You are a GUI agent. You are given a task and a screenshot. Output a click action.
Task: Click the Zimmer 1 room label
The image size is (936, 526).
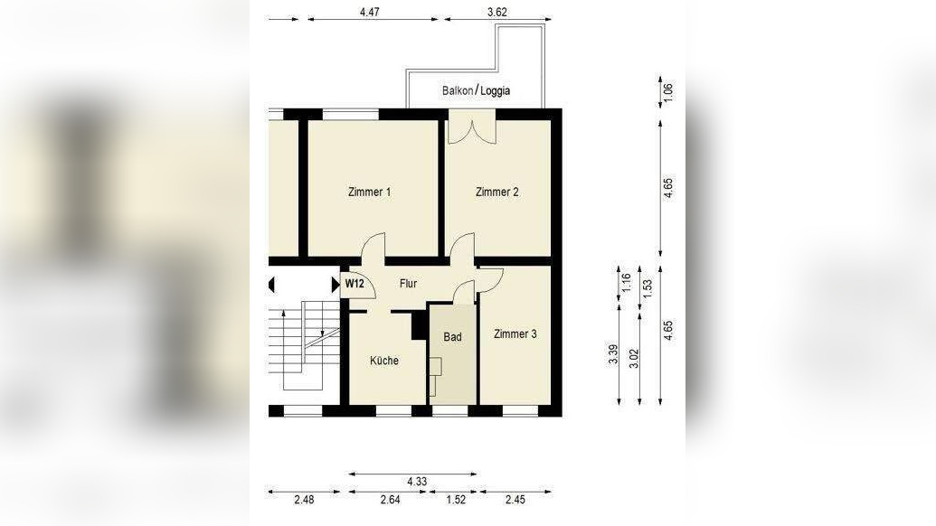(369, 192)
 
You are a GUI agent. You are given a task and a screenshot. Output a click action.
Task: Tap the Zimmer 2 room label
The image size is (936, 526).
(496, 192)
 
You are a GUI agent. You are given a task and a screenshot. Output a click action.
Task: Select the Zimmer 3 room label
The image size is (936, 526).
(515, 334)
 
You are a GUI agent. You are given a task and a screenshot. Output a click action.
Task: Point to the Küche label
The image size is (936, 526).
(383, 361)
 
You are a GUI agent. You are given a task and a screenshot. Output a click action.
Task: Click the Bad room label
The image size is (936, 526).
(452, 337)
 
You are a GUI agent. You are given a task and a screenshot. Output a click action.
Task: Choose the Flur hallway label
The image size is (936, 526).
(408, 284)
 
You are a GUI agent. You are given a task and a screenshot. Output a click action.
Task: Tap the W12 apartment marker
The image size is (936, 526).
(355, 283)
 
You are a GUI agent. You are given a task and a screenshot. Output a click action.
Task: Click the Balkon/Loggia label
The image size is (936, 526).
(476, 90)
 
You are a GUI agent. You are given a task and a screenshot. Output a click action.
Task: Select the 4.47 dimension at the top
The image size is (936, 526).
(370, 12)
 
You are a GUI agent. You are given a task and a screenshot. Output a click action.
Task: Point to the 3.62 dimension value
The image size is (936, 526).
(497, 12)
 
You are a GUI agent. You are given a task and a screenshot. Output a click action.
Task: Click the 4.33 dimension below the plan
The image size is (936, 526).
(417, 482)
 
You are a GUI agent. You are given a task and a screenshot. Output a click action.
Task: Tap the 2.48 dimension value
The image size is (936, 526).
(304, 500)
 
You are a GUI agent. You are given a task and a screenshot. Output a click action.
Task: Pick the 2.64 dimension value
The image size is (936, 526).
(390, 500)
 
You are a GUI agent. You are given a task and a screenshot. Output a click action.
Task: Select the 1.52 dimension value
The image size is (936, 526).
(456, 500)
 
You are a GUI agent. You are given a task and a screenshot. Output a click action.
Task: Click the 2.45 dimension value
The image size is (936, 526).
(515, 500)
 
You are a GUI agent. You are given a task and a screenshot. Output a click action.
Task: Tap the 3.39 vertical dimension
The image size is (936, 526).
(613, 355)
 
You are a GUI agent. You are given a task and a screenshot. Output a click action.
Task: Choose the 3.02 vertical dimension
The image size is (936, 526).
(634, 359)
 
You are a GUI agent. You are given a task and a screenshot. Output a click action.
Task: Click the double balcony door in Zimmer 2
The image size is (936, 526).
(471, 127)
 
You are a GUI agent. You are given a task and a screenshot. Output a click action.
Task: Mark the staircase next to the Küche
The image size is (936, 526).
(304, 346)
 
